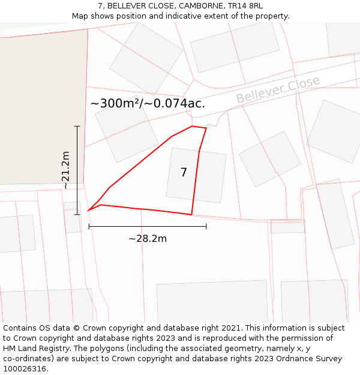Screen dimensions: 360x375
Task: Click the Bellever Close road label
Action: click(278, 89)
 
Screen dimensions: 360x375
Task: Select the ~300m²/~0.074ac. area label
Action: click(148, 103)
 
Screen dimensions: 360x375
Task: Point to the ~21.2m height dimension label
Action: click(65, 170)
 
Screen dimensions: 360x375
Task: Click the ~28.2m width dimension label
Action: click(148, 238)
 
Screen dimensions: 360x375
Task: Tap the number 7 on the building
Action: click(184, 173)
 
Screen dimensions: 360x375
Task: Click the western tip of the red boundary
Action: click(88, 211)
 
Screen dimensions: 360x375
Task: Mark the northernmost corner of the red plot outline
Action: click(192, 126)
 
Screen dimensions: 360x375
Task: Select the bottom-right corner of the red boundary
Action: click(191, 214)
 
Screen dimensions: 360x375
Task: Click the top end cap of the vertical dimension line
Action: click(77, 126)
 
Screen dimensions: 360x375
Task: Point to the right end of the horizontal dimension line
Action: click(206, 226)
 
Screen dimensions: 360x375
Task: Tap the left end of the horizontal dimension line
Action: click(89, 226)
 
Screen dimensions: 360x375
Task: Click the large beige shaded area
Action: click(42, 108)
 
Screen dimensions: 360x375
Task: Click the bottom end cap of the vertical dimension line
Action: click(77, 214)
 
